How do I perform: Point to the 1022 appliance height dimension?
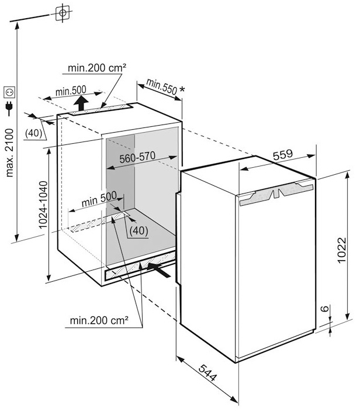[344, 251]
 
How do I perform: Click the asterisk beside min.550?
[183, 89]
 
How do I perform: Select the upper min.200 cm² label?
[97, 68]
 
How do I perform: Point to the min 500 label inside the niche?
[99, 201]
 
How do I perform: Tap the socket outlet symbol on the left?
[9, 92]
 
